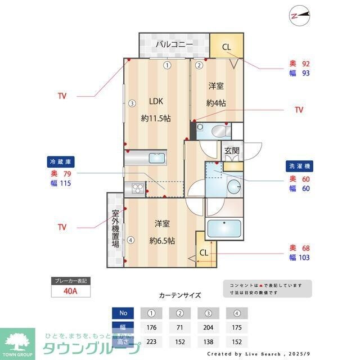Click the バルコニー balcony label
coord(174,44)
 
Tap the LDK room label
coord(156,102)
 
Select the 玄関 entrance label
coord(232,151)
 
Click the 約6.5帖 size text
coord(162,240)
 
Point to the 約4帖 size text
coord(216,103)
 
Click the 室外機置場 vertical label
coord(115,229)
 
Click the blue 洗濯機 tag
coord(299,166)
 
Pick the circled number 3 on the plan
coord(131,103)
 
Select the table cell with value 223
coord(151,341)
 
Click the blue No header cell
coord(123,313)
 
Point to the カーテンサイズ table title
coord(179,295)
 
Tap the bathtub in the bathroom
coord(224,229)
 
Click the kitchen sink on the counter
coord(156,159)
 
